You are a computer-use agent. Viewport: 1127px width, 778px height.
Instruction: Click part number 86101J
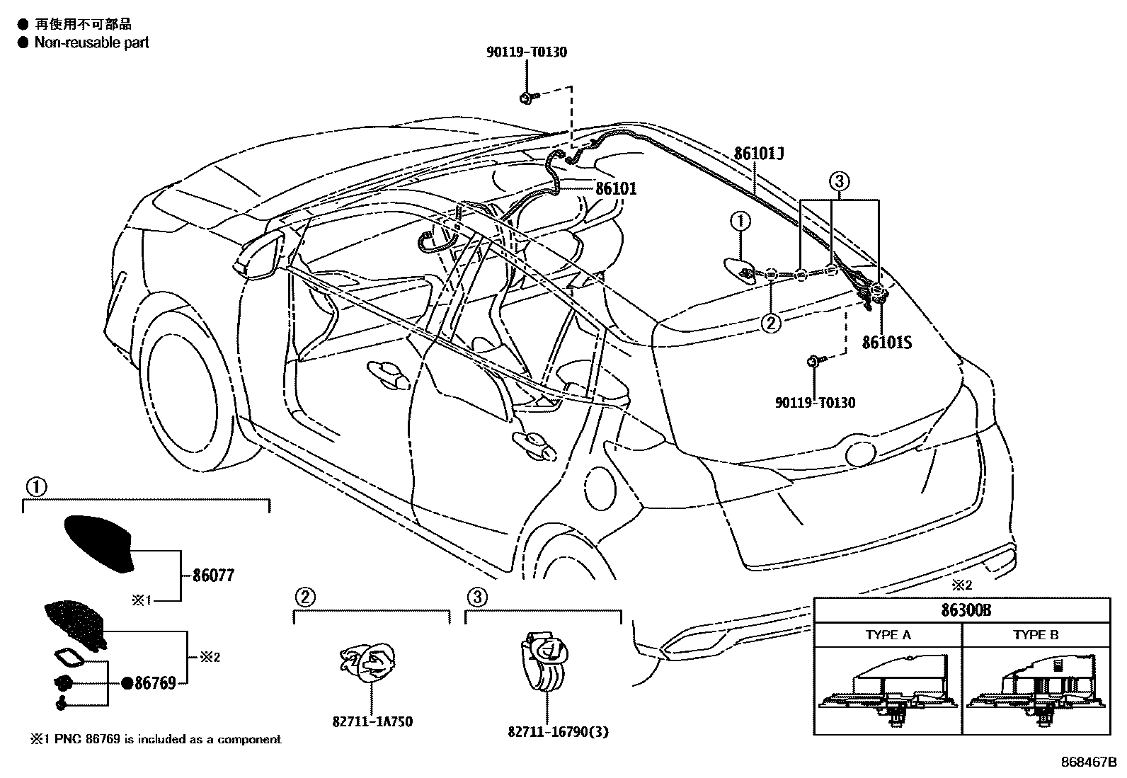759,154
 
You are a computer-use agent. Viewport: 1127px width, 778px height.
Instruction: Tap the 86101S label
886,343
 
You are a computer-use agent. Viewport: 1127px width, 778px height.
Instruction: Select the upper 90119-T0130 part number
527,52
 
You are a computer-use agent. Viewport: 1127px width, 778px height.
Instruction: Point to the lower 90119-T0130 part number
815,403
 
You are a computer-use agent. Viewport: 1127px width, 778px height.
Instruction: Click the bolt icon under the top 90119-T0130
529,98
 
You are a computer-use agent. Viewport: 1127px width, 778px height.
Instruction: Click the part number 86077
213,576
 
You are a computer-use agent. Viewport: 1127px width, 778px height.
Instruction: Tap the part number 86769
154,683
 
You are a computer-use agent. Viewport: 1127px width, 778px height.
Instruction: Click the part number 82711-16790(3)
558,732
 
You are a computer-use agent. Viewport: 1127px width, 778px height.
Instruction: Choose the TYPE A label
887,635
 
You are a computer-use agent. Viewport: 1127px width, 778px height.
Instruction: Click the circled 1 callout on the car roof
740,222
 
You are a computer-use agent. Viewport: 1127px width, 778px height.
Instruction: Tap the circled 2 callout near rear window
770,323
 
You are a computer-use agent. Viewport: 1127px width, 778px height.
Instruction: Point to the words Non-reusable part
92,42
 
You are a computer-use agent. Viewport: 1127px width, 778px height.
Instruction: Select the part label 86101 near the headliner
615,188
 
